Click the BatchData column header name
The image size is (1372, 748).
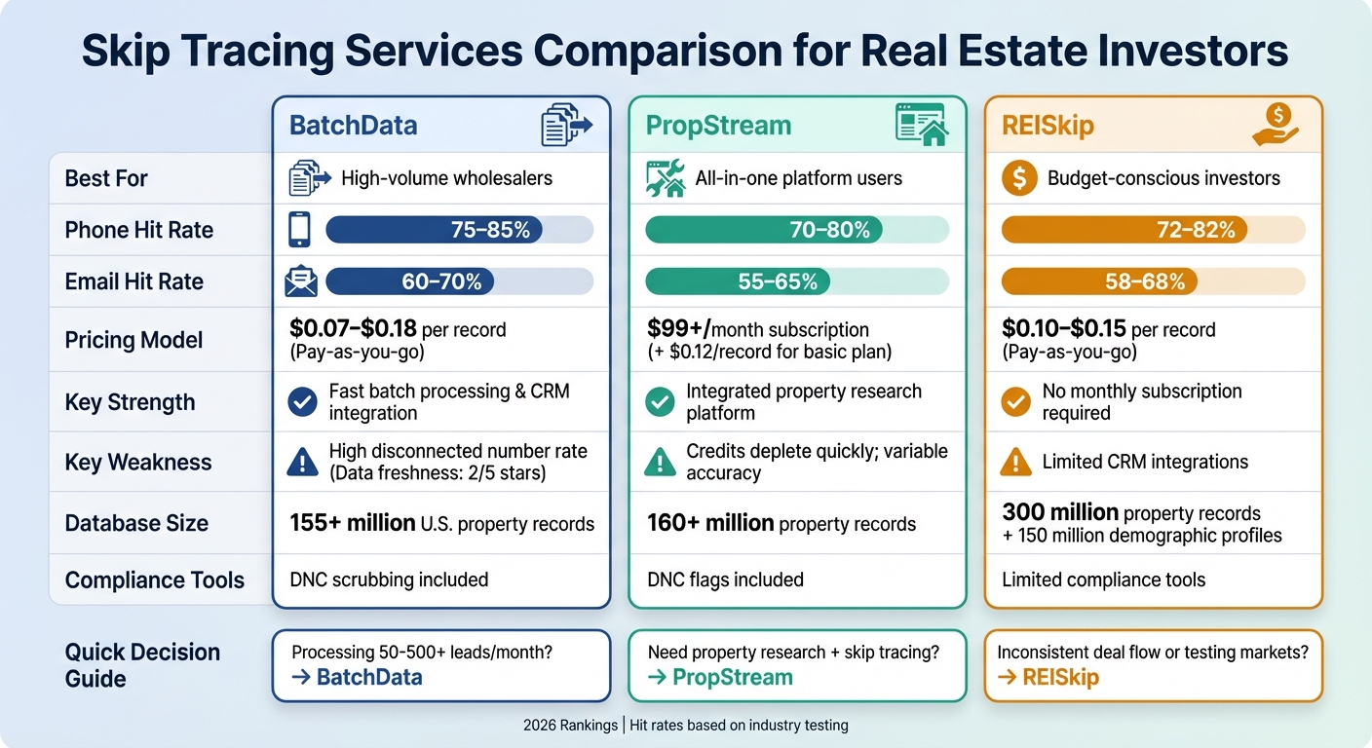pos(353,126)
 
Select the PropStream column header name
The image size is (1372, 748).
pos(718,126)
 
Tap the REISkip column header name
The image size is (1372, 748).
pos(1048,126)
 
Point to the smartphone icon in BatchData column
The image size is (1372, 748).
pos(299,230)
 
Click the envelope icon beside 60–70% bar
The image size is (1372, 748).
pos(300,281)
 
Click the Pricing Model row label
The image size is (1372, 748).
pos(133,340)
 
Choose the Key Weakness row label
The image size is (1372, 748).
pos(137,463)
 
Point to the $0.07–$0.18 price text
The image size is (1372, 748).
pos(353,329)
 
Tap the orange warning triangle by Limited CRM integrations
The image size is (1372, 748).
pos(1016,463)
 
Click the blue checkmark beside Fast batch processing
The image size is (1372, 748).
pos(303,401)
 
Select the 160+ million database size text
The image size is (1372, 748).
pos(709,523)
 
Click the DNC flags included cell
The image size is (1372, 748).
pos(725,580)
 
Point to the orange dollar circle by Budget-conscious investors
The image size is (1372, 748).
pos(1019,178)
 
